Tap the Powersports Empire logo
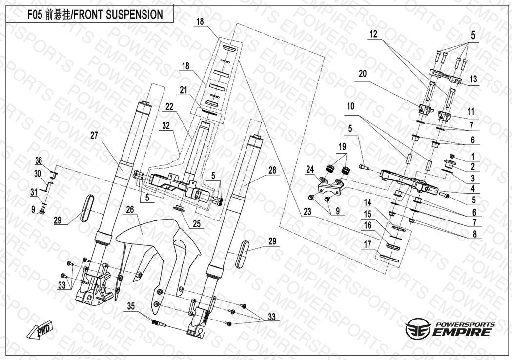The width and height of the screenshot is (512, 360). pos(450,329)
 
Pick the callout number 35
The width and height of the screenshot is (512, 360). pos(131,306)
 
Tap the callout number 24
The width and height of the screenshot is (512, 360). pos(309,169)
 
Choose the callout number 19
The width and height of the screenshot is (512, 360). pos(341,146)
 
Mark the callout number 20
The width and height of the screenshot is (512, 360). pos(362,73)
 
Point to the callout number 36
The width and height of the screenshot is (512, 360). pos(39,161)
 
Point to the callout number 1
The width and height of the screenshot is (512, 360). pos(472,157)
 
